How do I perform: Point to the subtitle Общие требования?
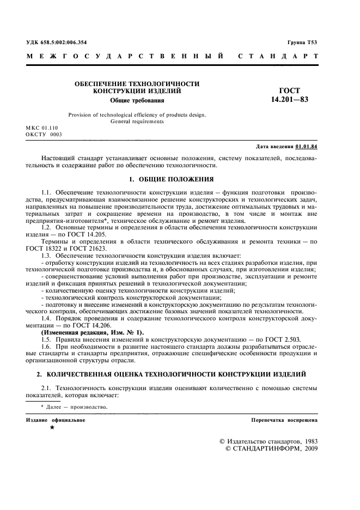point(137,100)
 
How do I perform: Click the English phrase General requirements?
point(137,122)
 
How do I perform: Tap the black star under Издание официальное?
point(52,428)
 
